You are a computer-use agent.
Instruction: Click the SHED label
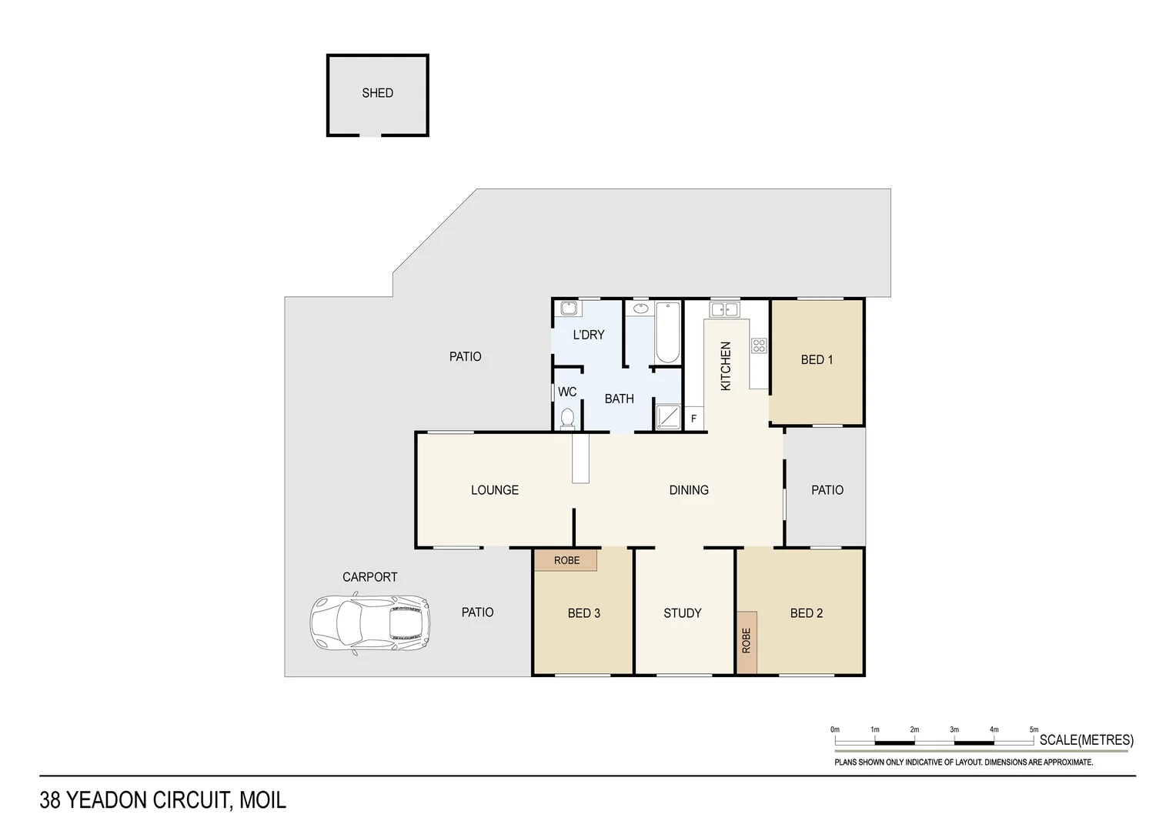click(377, 93)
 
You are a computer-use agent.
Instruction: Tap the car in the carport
click(369, 624)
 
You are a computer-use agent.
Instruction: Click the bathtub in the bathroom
click(667, 333)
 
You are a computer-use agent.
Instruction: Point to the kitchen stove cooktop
click(759, 345)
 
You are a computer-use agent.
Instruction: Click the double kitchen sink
click(724, 310)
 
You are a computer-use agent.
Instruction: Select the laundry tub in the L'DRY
click(569, 309)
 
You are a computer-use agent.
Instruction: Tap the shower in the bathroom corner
click(668, 417)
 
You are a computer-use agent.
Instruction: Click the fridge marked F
click(693, 419)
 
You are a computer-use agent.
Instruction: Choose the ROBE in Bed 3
click(566, 560)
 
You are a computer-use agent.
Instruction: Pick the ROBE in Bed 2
click(746, 641)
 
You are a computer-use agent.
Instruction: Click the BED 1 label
click(817, 359)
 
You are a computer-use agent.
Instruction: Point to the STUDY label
click(682, 613)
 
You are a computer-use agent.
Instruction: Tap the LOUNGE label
click(494, 490)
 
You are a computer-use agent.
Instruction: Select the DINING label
click(688, 490)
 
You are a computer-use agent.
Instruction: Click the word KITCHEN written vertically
click(725, 366)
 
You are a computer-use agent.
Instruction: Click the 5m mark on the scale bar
click(1034, 730)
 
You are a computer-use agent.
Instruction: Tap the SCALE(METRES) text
click(1086, 740)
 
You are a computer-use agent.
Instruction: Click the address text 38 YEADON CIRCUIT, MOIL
click(162, 800)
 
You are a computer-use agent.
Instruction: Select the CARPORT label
click(369, 577)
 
